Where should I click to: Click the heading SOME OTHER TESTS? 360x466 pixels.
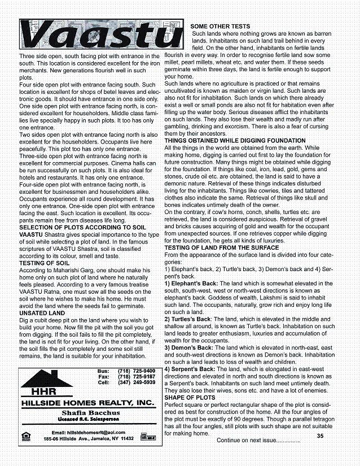(x=220, y=27)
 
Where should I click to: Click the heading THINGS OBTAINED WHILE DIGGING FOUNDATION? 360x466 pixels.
(x=244, y=140)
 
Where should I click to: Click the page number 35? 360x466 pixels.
(x=320, y=435)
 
